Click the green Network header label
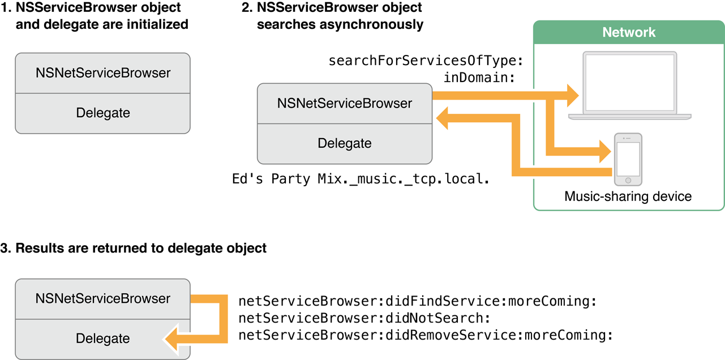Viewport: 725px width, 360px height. pos(629,32)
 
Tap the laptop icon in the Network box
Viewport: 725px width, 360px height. pos(629,85)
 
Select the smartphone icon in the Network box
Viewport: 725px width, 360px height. pos(628,160)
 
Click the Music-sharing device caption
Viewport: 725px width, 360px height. pos(628,197)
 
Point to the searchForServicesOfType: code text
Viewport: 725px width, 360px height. pos(426,60)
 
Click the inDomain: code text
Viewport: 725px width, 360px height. pos(479,77)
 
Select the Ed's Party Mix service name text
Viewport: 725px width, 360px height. pos(361,179)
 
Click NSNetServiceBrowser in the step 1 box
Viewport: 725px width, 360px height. pos(102,73)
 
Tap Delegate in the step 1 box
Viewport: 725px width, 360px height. pos(102,113)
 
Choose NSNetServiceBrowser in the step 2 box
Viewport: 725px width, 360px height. pos(344,104)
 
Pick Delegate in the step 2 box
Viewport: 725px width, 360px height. pos(344,143)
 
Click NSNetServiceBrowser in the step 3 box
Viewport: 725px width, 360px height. pos(102,298)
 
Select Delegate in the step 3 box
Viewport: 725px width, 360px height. pos(102,338)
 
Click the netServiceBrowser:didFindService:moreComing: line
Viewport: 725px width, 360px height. pos(418,301)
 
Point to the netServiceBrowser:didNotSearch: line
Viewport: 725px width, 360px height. pos(364,318)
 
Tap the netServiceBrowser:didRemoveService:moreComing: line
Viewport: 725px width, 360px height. pos(426,335)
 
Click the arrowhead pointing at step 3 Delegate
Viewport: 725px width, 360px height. pos(172,338)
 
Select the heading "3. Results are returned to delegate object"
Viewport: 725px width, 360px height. pos(133,248)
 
